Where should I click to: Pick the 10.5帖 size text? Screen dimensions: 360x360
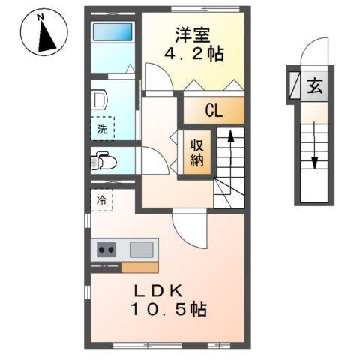(x=168, y=309)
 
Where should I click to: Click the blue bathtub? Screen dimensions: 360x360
(x=112, y=32)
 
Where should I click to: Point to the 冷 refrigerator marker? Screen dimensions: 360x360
(x=101, y=200)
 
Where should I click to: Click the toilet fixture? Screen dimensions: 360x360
(x=103, y=160)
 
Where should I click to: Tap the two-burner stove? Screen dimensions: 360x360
(x=106, y=250)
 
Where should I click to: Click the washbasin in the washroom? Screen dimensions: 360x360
(x=98, y=99)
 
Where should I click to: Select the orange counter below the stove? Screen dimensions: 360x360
(x=139, y=267)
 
